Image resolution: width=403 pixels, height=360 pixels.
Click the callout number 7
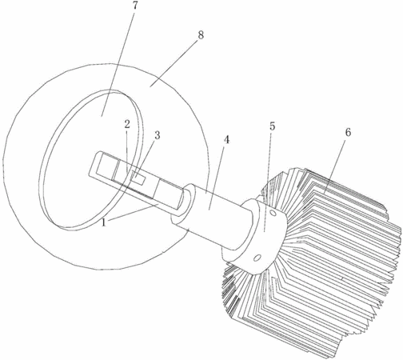tap(135, 6)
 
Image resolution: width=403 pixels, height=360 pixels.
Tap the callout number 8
tap(201, 34)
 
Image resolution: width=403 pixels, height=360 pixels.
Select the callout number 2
tap(127, 124)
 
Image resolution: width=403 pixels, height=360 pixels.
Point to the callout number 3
tap(158, 135)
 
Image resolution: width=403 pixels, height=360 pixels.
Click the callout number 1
tap(104, 222)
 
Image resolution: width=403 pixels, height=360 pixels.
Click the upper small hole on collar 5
tap(273, 214)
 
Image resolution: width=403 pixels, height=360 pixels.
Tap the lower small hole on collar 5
tap(257, 258)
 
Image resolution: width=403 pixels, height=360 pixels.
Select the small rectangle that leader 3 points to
tap(139, 178)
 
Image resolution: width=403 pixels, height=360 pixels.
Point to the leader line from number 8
tap(174, 63)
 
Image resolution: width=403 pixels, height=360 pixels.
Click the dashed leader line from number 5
tap(268, 182)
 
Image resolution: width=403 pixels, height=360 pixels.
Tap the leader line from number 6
tap(335, 166)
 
